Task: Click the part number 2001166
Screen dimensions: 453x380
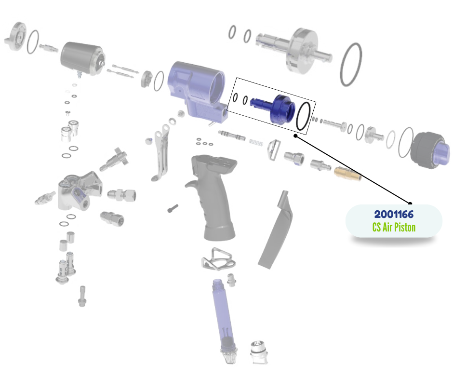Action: click(394, 214)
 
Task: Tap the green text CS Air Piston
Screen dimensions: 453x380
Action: click(394, 227)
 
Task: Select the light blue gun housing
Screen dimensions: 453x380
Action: click(197, 90)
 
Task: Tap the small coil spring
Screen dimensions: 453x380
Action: click(256, 142)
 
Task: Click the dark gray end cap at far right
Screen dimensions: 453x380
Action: click(429, 150)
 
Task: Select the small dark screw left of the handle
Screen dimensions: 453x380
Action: click(173, 208)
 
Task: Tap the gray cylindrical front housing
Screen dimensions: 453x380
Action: click(82, 58)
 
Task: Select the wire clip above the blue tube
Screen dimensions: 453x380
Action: click(219, 259)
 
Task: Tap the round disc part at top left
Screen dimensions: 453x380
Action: click(15, 37)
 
